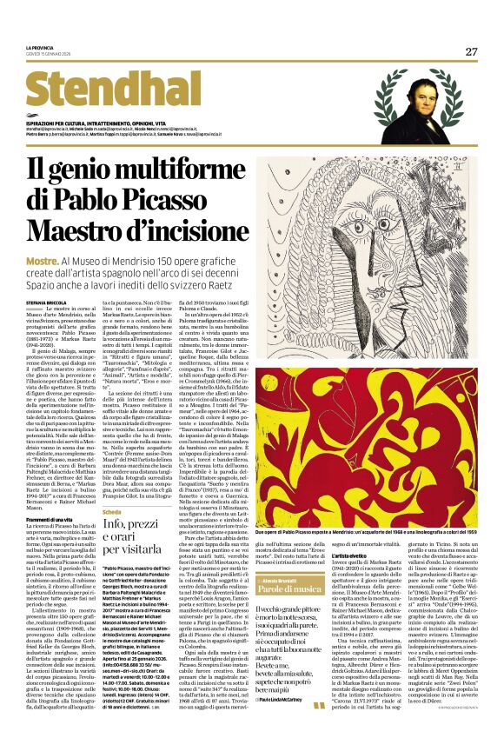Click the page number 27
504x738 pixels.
(x=471, y=51)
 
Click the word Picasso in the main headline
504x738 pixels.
(x=174, y=197)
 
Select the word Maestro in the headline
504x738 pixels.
(x=77, y=230)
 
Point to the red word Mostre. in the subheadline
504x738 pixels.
(x=41, y=262)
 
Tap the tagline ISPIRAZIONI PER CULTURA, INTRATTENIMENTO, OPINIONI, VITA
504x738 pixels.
(x=101, y=120)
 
